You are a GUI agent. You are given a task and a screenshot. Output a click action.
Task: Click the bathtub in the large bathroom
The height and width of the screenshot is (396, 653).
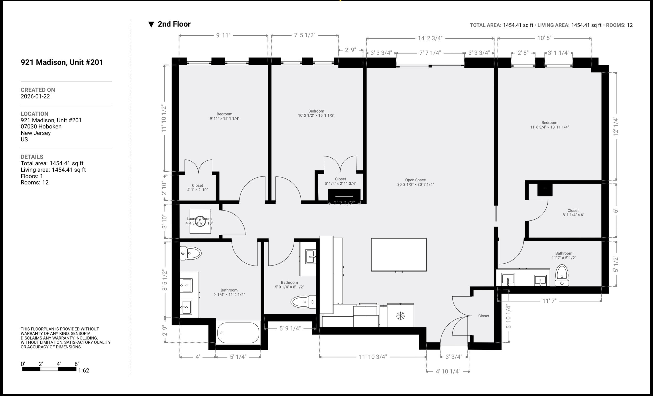coord(238,333)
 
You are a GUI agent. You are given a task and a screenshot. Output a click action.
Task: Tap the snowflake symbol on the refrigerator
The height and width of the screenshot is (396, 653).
coord(400,316)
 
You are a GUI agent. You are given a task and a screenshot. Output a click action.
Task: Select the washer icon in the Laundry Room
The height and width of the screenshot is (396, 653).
coord(200,221)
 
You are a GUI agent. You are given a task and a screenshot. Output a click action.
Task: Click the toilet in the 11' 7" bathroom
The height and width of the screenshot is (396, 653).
coord(562,276)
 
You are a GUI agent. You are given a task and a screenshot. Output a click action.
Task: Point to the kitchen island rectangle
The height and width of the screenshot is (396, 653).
coord(399,255)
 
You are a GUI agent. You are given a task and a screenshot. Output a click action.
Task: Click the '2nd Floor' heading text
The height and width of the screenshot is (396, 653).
coord(174,24)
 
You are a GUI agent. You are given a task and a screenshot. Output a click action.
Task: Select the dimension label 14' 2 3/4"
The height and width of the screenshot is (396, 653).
coord(430,38)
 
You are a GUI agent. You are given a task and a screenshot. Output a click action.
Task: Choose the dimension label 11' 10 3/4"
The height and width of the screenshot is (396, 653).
coord(373,357)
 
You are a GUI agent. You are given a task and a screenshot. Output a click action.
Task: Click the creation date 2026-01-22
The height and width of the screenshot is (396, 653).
coord(35,97)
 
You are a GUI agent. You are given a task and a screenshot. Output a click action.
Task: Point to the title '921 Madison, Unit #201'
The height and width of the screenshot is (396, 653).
coord(62,62)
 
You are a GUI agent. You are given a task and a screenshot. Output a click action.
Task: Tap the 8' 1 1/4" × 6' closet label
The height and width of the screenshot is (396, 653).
coord(573,213)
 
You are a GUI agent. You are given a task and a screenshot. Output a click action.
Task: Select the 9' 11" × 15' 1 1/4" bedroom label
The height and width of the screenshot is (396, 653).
coord(224,116)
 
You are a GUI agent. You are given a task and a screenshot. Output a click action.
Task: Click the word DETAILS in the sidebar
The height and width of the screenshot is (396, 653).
coord(32,157)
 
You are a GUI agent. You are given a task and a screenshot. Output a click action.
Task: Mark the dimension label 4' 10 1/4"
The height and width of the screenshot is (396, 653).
coord(448,371)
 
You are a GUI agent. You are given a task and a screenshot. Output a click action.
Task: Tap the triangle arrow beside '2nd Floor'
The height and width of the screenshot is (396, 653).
coord(151,24)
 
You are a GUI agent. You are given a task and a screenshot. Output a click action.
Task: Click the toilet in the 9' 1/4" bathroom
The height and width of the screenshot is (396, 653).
coord(190,253)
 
